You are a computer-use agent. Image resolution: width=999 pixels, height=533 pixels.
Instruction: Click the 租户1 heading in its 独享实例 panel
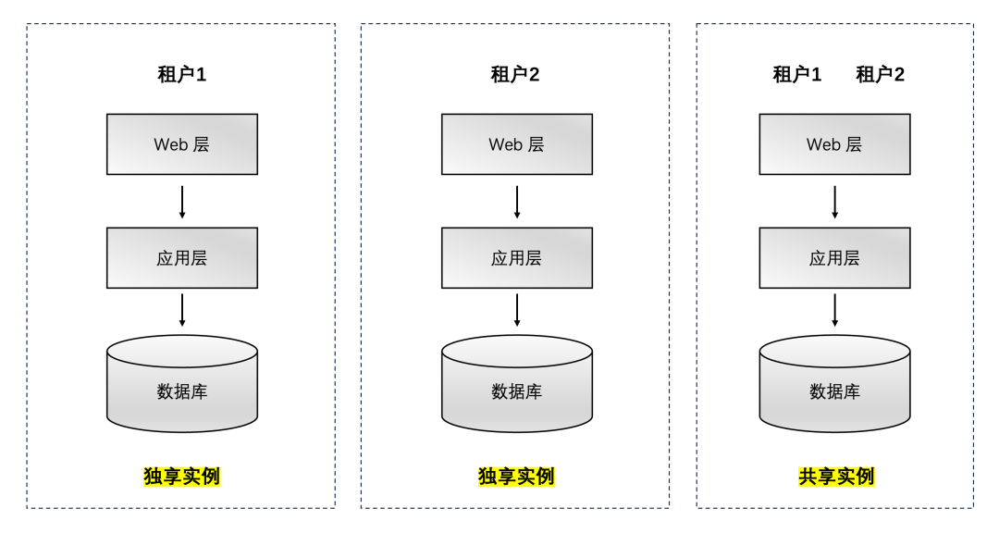pyautogui.click(x=182, y=75)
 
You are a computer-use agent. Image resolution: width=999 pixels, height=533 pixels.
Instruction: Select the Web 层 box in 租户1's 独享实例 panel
pyautogui.click(x=182, y=144)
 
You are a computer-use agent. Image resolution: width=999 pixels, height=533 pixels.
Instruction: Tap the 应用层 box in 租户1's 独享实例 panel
pyautogui.click(x=182, y=258)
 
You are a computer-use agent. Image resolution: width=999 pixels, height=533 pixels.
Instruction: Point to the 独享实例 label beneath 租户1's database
pyautogui.click(x=182, y=477)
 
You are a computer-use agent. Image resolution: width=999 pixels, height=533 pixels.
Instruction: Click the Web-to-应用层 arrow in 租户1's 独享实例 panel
pyautogui.click(x=182, y=202)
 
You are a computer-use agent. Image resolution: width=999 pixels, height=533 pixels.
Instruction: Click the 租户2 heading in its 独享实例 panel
pyautogui.click(x=515, y=75)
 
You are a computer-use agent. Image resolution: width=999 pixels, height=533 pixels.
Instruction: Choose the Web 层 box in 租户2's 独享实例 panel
pyautogui.click(x=517, y=144)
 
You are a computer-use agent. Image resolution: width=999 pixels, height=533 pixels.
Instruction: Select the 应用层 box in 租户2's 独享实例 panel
pyautogui.click(x=517, y=258)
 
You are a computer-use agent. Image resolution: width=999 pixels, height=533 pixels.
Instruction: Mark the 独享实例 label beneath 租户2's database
pyautogui.click(x=516, y=477)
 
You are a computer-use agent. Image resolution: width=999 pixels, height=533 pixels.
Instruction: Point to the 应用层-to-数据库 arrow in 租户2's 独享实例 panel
pyautogui.click(x=517, y=310)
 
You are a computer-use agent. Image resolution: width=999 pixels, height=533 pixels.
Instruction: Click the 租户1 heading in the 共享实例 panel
pyautogui.click(x=797, y=75)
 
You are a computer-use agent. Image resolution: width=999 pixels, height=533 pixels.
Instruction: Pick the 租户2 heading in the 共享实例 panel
pyautogui.click(x=881, y=75)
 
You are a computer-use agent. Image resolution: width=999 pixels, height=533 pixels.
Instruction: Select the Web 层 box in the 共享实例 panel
pyautogui.click(x=834, y=144)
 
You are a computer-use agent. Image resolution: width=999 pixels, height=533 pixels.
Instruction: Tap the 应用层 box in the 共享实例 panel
pyautogui.click(x=834, y=258)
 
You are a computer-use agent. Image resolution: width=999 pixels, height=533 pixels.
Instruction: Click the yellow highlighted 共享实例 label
pyautogui.click(x=836, y=477)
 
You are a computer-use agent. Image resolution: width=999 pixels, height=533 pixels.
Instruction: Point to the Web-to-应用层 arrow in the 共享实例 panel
pyautogui.click(x=834, y=202)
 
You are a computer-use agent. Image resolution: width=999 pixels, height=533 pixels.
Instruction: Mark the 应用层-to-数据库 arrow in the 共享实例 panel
pyautogui.click(x=834, y=310)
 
